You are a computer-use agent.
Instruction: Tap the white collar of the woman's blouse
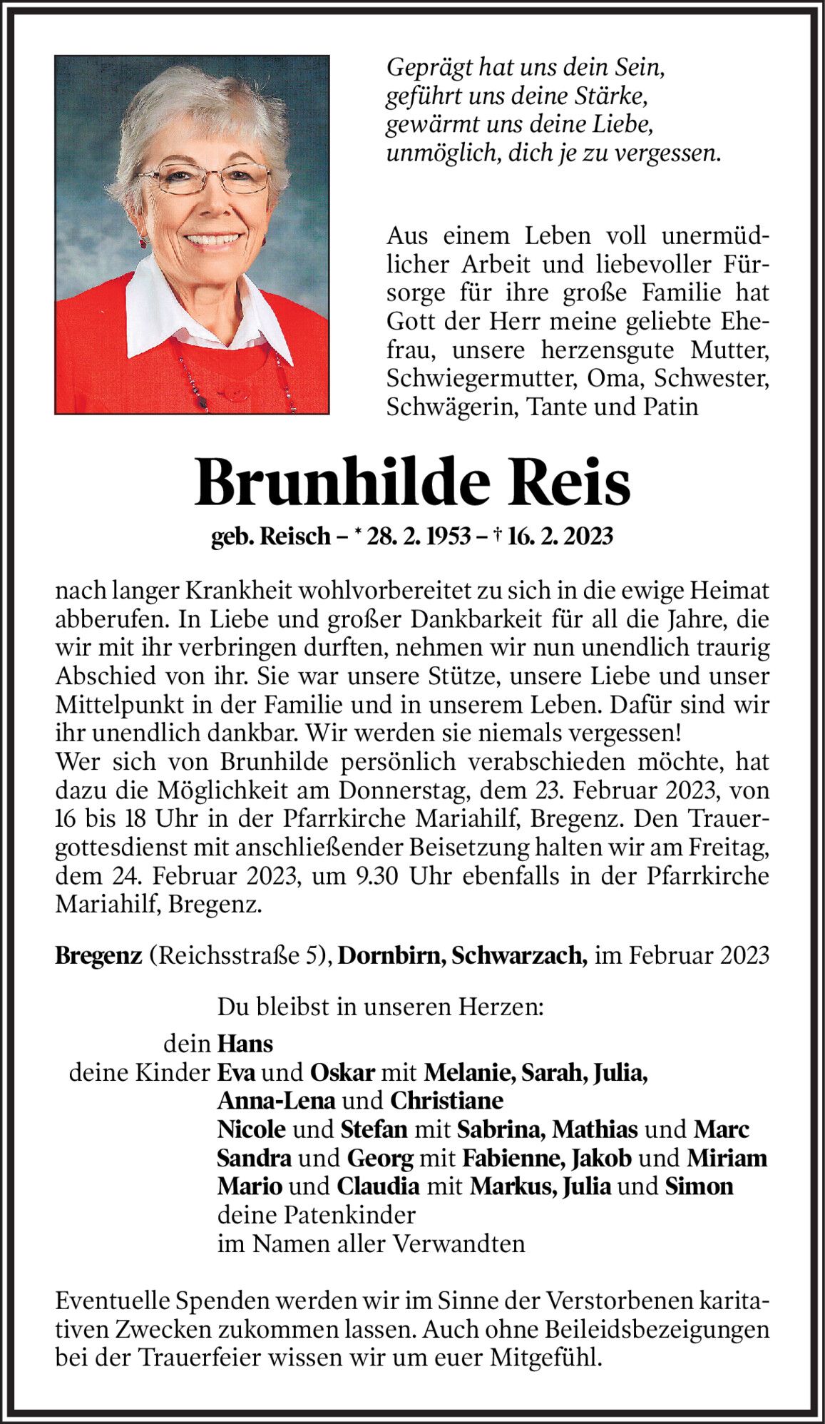tap(164, 307)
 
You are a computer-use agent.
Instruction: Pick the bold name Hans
tap(245, 1044)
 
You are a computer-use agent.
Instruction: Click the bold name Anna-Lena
tap(276, 1101)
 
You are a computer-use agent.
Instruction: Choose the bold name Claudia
tap(378, 1186)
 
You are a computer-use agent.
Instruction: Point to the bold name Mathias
tap(595, 1129)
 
